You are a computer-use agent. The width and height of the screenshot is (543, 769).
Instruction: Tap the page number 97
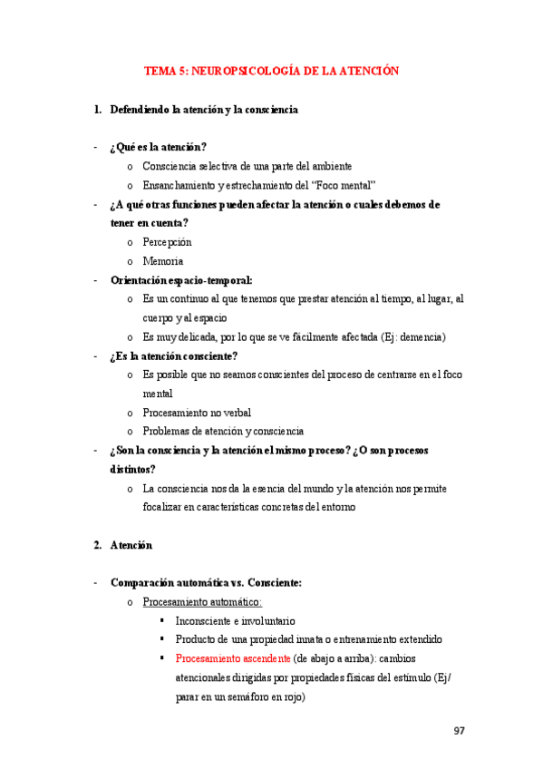458,731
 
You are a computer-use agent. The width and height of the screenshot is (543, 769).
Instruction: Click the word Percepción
167,242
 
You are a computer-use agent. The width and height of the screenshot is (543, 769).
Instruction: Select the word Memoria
163,261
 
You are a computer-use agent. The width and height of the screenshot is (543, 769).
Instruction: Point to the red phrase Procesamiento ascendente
233,658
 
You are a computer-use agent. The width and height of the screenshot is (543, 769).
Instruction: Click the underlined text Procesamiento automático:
202,602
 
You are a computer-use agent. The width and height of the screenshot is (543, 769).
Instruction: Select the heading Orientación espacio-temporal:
181,280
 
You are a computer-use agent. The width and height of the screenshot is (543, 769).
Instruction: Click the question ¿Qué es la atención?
158,147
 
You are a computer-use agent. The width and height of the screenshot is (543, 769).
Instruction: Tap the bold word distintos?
132,469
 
